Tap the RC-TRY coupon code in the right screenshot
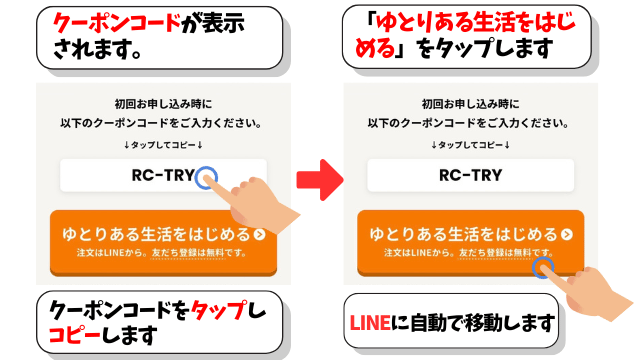[x=471, y=175]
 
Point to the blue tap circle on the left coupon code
[x=206, y=177]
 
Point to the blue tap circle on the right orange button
[x=544, y=266]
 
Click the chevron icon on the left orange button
[x=260, y=235]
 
